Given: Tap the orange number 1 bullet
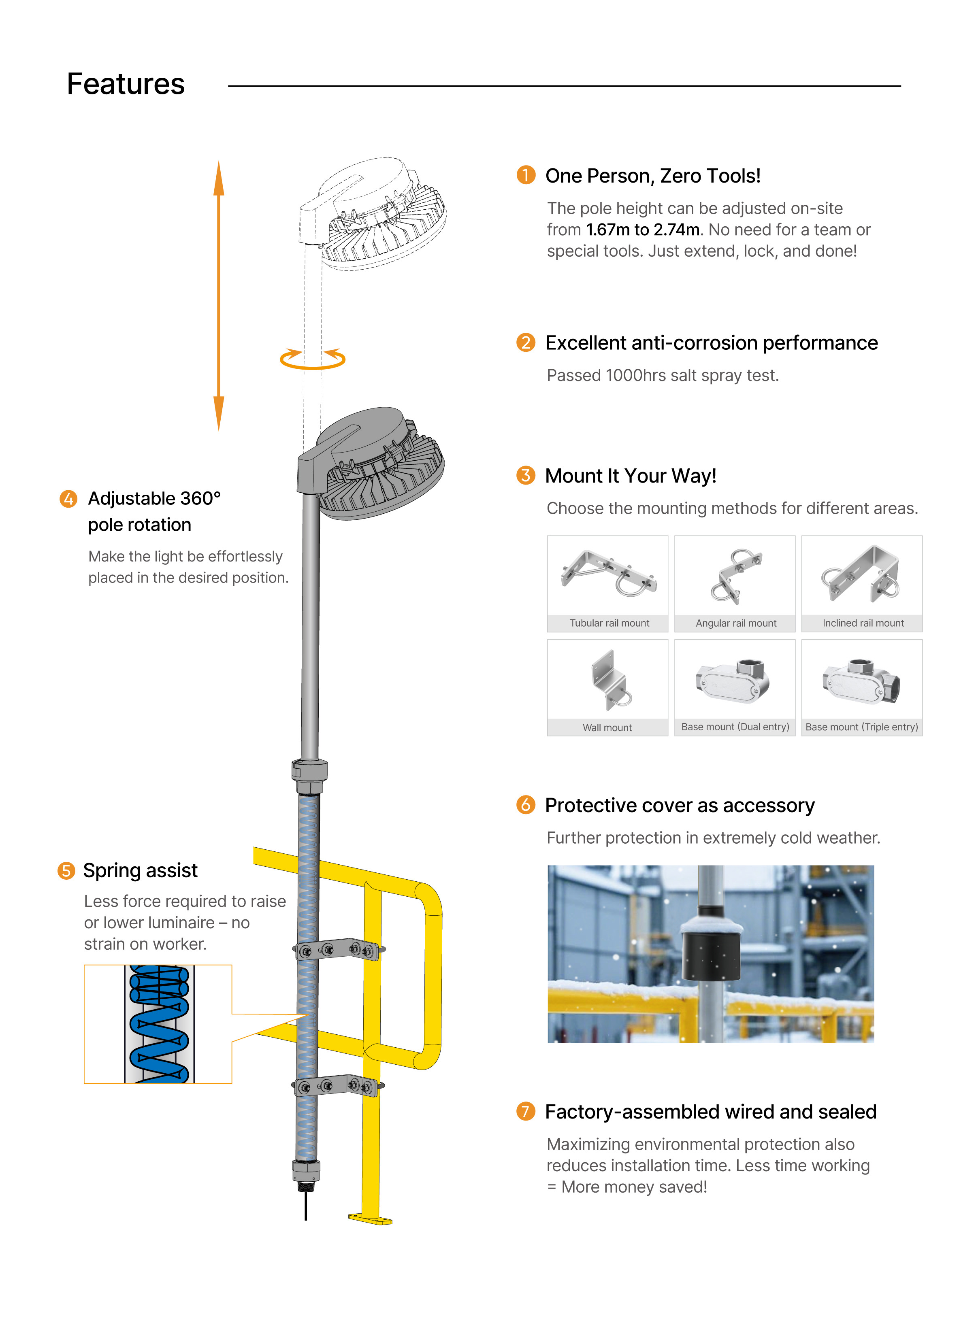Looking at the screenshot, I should (525, 175).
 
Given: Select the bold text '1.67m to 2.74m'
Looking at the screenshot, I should (642, 230).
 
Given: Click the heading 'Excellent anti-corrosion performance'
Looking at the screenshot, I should (711, 342).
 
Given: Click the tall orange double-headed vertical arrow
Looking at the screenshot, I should (219, 295).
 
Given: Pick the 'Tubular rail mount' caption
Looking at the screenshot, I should (609, 623).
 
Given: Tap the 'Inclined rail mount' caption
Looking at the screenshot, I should (863, 623).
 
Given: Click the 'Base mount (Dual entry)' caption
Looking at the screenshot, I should (735, 727).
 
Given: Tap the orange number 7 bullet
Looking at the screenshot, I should (525, 1111).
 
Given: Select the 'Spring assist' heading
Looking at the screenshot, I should (140, 870).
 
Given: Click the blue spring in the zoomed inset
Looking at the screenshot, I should (159, 1025).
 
